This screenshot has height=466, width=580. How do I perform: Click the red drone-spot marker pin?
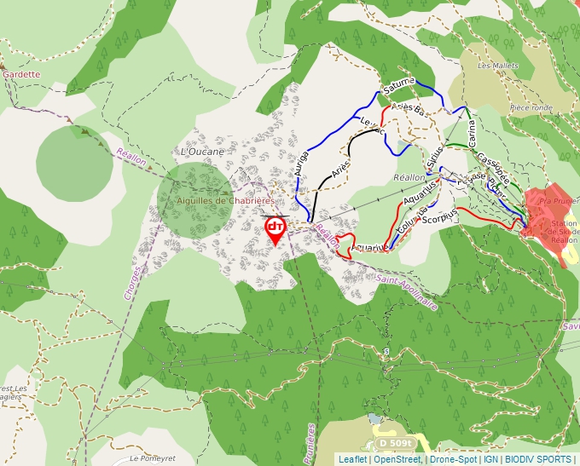[275, 228]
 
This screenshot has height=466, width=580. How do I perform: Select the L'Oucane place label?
[202, 152]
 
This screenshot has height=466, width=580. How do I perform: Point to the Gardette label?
[21, 74]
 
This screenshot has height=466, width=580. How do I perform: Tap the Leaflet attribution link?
[352, 459]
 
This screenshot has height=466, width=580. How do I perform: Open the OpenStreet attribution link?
[397, 459]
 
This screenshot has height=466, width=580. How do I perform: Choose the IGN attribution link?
[490, 459]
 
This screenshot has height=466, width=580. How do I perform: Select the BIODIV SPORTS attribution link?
[537, 459]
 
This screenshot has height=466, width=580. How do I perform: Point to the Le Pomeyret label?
[151, 458]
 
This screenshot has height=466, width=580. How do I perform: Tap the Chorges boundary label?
[130, 280]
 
